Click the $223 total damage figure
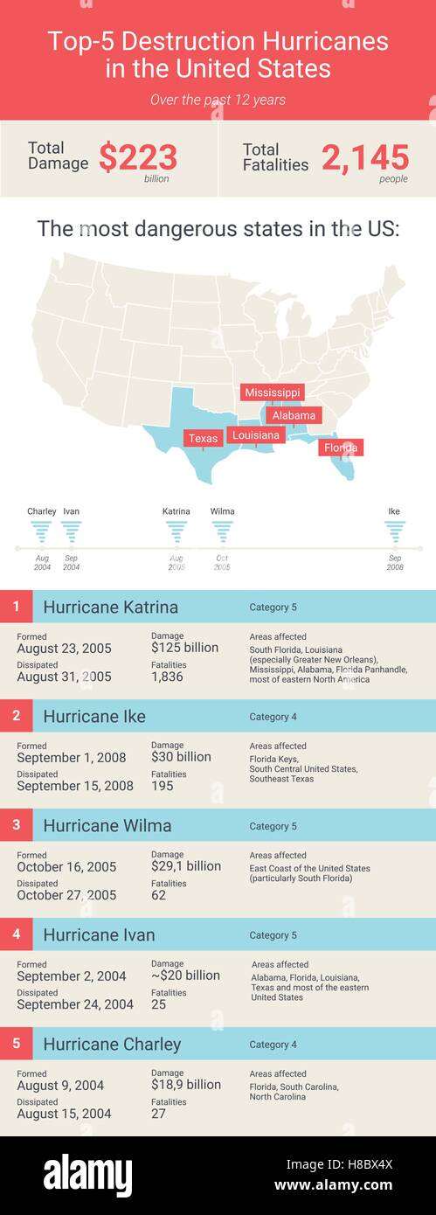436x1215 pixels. (138, 158)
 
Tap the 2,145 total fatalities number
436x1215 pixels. (365, 158)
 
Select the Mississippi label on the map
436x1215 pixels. (273, 392)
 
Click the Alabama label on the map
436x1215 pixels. (294, 415)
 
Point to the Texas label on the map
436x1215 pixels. (204, 439)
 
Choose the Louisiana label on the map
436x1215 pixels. (256, 435)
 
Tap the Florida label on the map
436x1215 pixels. (341, 448)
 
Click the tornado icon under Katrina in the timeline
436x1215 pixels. (176, 531)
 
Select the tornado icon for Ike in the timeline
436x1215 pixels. (395, 531)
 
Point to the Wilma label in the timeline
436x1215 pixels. (223, 511)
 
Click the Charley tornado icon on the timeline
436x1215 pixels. (41, 531)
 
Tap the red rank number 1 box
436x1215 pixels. (17, 607)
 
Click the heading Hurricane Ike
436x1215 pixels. (94, 717)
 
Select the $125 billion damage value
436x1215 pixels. (184, 648)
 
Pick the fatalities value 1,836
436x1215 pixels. (168, 677)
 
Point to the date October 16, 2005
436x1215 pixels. (66, 866)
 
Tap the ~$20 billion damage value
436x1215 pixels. (185, 975)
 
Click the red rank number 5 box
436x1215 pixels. (17, 1044)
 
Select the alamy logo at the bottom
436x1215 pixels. (88, 1176)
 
